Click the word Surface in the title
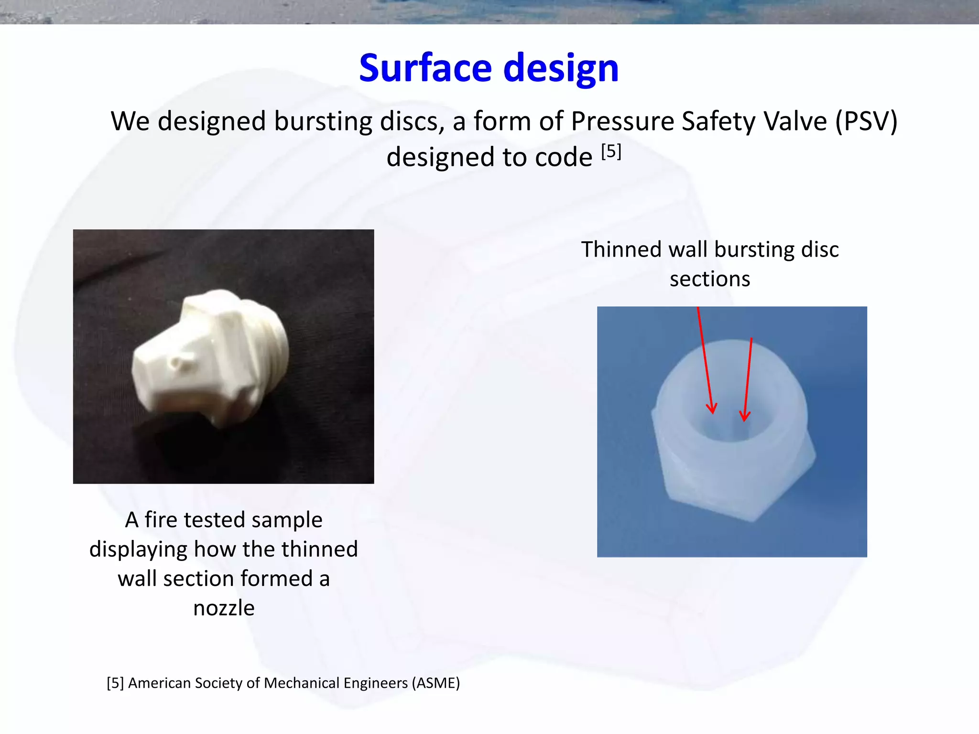point(425,68)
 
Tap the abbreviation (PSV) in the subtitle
point(866,121)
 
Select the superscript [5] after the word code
point(611,151)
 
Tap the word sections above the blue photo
point(710,279)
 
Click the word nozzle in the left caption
point(224,608)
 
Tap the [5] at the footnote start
point(115,683)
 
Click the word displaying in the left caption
point(139,550)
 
